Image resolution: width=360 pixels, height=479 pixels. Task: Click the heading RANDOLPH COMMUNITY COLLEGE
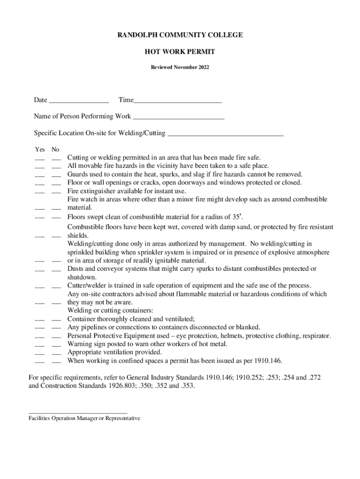pyautogui.click(x=180, y=35)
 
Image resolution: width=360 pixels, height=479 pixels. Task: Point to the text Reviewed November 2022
pyautogui.click(x=180, y=67)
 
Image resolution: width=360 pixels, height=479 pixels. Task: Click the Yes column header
pyautogui.click(x=40, y=150)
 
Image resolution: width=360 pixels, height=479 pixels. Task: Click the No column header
pyautogui.click(x=56, y=150)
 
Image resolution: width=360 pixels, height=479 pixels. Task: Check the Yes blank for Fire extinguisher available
pyautogui.click(x=40, y=192)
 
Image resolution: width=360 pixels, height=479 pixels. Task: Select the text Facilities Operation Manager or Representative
pyautogui.click(x=85, y=419)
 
